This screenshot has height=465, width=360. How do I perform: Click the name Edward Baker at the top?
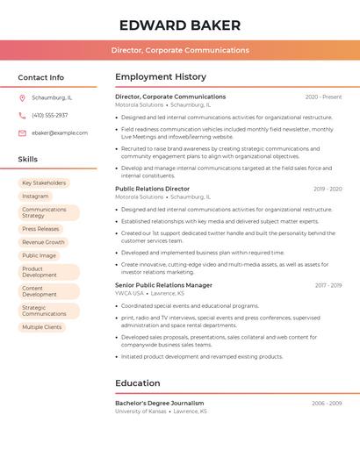[180, 25]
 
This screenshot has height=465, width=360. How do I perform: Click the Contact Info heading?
[41, 77]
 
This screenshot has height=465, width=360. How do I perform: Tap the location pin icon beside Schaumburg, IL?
[22, 97]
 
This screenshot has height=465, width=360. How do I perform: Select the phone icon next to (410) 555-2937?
[22, 115]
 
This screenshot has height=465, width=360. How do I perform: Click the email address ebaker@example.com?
[60, 132]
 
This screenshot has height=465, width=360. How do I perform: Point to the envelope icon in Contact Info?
[22, 132]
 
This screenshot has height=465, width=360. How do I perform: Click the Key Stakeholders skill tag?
[44, 182]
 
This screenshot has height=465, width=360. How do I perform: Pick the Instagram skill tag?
[35, 196]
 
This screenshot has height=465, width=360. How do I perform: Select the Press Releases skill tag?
[40, 229]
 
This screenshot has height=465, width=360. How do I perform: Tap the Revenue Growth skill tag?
[43, 242]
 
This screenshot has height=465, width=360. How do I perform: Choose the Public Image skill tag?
[39, 255]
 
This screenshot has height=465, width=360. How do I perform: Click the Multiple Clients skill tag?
[42, 327]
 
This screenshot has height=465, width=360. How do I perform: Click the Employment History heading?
[161, 77]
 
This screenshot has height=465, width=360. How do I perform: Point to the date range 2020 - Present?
[323, 97]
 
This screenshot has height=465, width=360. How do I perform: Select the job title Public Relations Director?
[152, 189]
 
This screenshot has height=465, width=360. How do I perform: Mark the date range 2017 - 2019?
[328, 285]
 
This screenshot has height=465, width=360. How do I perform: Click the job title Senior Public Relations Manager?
[163, 285]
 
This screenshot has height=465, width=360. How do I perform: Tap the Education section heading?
[138, 383]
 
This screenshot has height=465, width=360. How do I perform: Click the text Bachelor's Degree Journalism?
[159, 404]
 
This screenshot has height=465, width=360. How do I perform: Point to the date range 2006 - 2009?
[327, 404]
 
